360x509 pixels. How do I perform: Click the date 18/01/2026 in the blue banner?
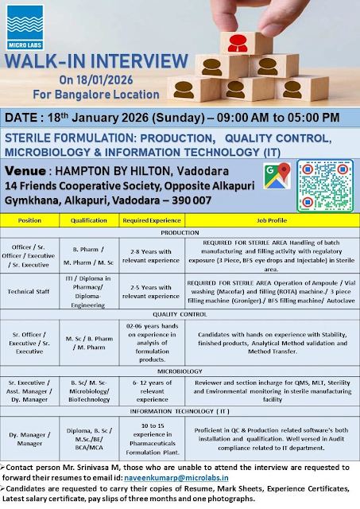click(x=115, y=80)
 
